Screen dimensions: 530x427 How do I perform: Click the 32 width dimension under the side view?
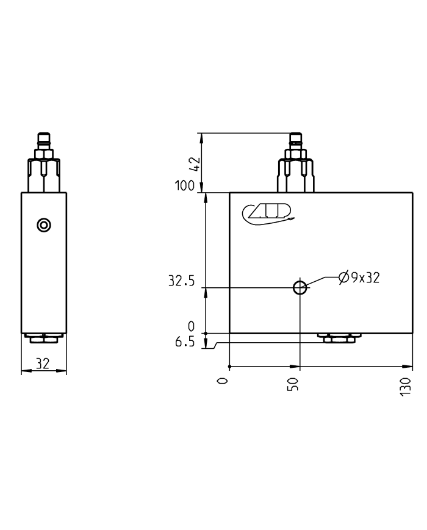point(42,363)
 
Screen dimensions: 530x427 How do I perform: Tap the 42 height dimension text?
point(194,163)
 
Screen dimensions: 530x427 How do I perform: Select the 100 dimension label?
point(185,186)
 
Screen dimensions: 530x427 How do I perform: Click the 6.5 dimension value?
point(184,342)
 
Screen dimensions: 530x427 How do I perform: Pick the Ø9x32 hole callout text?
point(359,278)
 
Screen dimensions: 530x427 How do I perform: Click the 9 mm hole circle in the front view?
point(300,287)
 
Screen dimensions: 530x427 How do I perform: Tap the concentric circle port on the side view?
point(43,225)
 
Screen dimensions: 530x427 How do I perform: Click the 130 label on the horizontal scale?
point(406,387)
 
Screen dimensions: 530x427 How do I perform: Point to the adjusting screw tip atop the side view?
point(43,138)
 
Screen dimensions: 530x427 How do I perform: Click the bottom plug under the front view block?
point(339,338)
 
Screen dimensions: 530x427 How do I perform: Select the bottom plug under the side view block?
point(43,337)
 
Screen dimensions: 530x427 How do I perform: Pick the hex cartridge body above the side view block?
point(43,176)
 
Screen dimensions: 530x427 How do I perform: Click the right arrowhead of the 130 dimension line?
point(410,367)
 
